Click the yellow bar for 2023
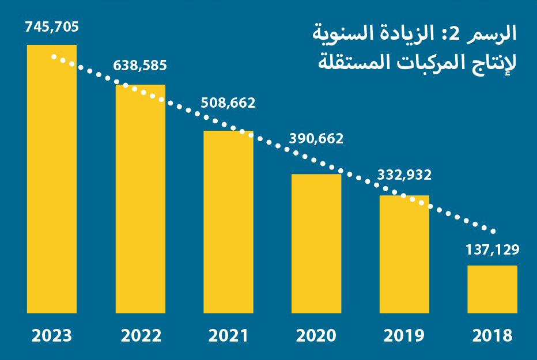(52, 179)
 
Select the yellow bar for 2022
(141, 199)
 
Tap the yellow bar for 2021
(228, 222)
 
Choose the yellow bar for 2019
(404, 254)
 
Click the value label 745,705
(52, 26)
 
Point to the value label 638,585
(140, 66)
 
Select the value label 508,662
(228, 104)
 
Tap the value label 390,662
(316, 139)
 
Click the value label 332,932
(404, 175)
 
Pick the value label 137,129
(492, 249)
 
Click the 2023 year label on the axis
(52, 336)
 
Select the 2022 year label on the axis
(141, 336)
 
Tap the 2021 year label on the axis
(228, 336)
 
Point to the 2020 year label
(316, 336)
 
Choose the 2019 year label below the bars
(404, 336)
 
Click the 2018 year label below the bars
(492, 336)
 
